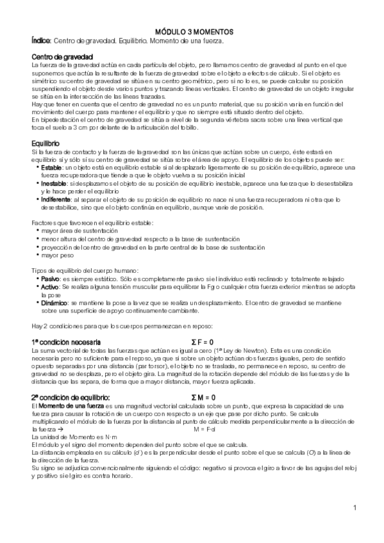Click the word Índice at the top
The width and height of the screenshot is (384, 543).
tap(40, 41)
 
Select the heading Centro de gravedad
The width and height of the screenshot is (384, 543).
tap(62, 57)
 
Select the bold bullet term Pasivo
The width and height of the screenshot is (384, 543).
tap(52, 279)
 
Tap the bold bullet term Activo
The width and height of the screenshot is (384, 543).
tap(51, 287)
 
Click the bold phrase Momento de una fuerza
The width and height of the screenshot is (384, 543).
tap(71, 406)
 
